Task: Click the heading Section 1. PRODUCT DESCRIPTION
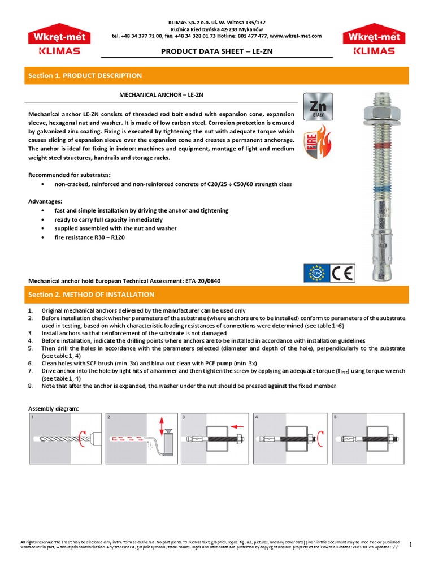(85, 76)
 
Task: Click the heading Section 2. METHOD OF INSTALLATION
(91, 295)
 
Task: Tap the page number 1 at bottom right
(411, 545)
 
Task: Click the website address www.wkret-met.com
(294, 36)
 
